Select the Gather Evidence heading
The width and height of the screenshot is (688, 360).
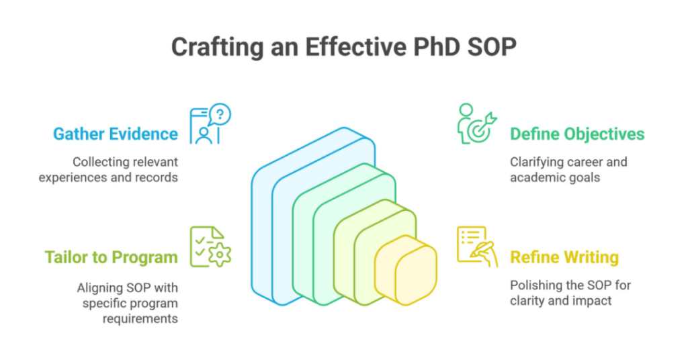[x=115, y=134]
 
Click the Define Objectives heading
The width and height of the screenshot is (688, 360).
[x=577, y=134]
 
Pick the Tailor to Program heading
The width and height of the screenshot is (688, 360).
[x=111, y=257]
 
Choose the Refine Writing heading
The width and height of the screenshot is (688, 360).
[x=564, y=257]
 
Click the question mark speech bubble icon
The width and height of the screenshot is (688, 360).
[x=220, y=114]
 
